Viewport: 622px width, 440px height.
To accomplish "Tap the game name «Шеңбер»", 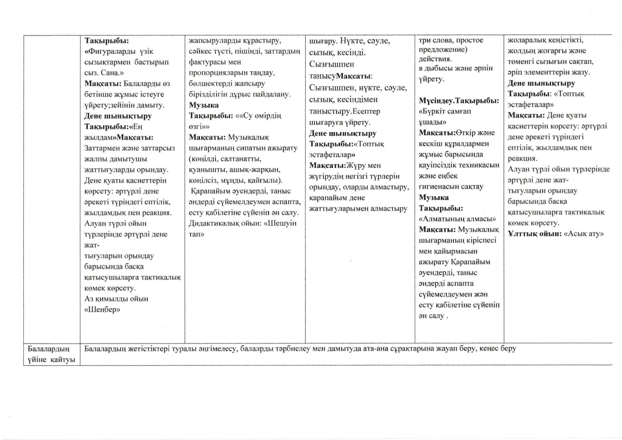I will [x=102, y=309].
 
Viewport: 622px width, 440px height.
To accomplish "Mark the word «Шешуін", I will [x=281, y=223].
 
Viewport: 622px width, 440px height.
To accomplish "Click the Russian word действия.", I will [x=435, y=59].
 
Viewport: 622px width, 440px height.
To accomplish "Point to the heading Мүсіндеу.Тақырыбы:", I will [x=459, y=101].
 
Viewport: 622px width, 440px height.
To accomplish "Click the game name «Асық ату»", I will [x=584, y=234].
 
